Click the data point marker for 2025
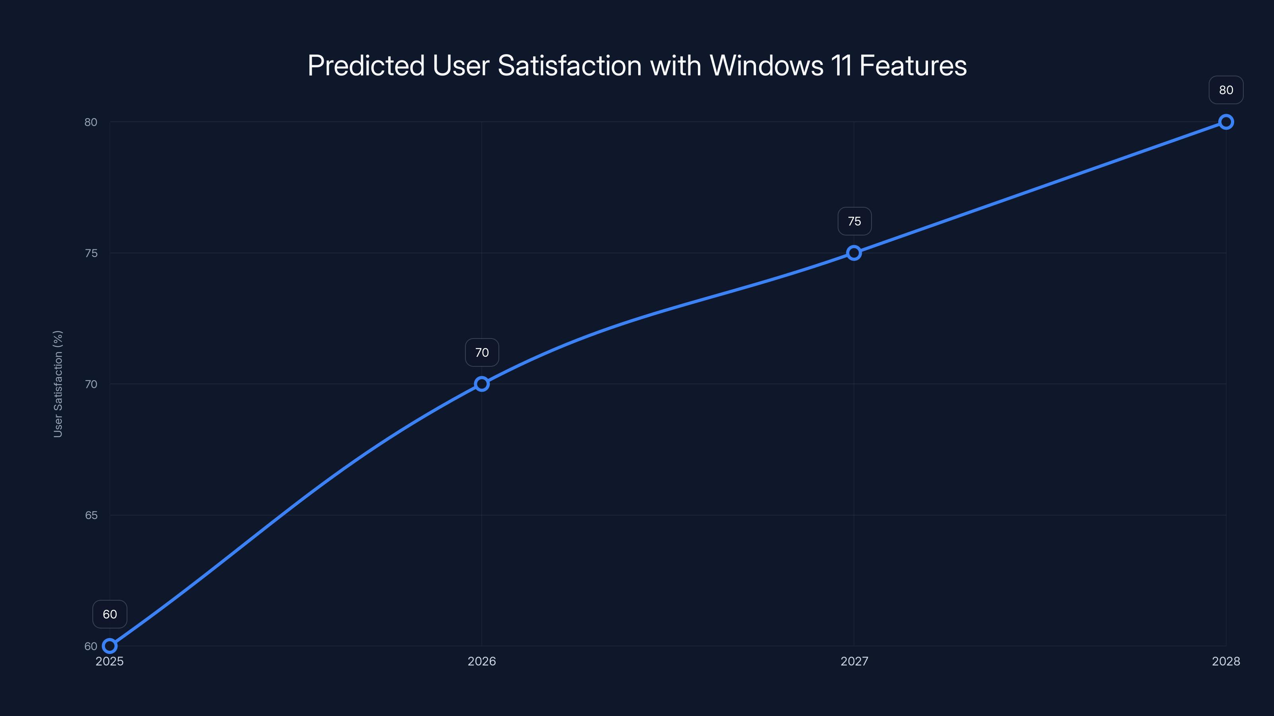click(x=109, y=646)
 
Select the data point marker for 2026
click(x=482, y=384)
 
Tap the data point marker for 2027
click(x=854, y=253)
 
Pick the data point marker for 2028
click(x=1226, y=122)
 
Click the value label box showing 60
click(x=110, y=614)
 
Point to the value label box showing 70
click(x=482, y=352)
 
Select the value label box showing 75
click(x=854, y=222)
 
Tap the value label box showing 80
click(x=1226, y=90)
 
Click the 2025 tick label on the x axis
click(x=109, y=661)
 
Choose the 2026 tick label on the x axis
click(x=482, y=661)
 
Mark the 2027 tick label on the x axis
click(x=854, y=661)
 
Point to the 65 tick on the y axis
click(x=91, y=516)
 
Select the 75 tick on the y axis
click(x=91, y=253)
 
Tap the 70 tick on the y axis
click(x=91, y=384)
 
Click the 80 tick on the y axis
click(x=91, y=122)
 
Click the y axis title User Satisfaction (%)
click(x=58, y=384)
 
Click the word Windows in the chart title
click(x=766, y=66)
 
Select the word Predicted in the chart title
click(x=366, y=66)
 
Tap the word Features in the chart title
click(x=913, y=66)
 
